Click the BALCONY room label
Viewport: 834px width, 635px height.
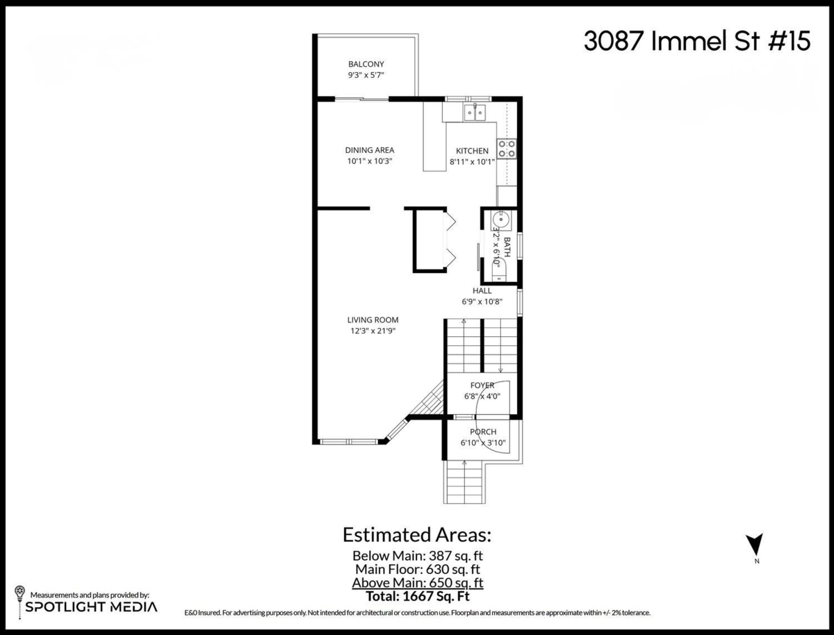(366, 64)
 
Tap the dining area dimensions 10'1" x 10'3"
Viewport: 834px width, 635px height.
(370, 161)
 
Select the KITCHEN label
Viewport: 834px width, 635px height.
(472, 151)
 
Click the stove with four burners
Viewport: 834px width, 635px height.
(506, 148)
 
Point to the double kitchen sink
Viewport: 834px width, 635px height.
(475, 111)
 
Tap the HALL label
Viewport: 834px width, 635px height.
(482, 291)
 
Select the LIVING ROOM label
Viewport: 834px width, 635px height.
(373, 320)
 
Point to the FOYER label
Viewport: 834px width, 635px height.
(482, 386)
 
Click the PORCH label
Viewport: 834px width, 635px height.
(482, 432)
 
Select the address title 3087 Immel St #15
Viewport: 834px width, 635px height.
(696, 42)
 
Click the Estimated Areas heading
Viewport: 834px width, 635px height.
(417, 535)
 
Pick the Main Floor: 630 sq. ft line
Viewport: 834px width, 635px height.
(417, 569)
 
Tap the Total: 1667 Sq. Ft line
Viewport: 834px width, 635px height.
(417, 595)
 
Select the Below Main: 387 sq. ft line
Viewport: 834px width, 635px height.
(417, 556)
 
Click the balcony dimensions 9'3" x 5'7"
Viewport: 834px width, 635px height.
(366, 76)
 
